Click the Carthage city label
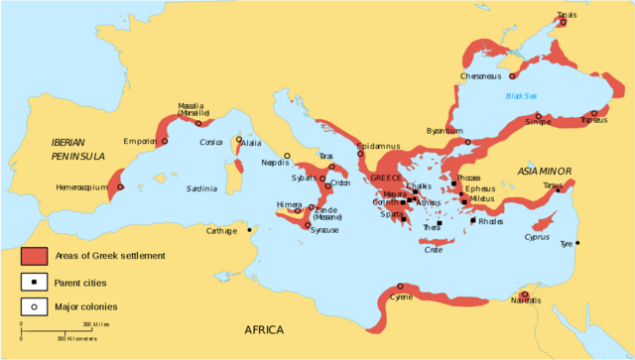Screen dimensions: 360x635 tap(220, 231)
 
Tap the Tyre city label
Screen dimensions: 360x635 tap(567, 243)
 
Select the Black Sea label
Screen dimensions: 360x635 tap(521, 96)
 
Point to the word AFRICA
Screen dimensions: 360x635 tap(264, 330)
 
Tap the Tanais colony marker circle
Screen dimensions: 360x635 tap(562, 22)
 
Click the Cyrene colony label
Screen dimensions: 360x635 tap(402, 297)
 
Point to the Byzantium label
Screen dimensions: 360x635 tap(444, 131)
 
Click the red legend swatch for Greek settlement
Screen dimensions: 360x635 tap(35, 256)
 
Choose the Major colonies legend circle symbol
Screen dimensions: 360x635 tap(35, 306)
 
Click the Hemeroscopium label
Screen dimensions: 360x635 tap(80, 186)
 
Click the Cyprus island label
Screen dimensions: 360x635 tap(536, 237)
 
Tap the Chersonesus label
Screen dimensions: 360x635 tap(483, 76)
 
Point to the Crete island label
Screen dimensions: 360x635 tap(434, 249)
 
